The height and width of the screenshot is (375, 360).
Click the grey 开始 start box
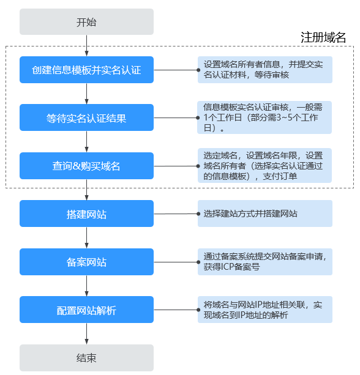pos(86,22)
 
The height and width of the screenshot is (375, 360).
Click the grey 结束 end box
pos(86,358)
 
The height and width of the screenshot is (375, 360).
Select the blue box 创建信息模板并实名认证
pos(86,70)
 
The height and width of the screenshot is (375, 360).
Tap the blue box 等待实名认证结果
pos(86,117)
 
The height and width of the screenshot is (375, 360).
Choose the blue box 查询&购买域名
pos(86,166)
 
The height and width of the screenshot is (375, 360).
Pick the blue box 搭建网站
pos(86,213)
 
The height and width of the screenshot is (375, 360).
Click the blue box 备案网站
pos(86,262)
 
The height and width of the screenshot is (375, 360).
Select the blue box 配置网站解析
pos(86,310)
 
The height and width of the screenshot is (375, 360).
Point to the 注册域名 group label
pos(323,37)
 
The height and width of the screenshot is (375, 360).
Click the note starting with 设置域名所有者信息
pos(264,70)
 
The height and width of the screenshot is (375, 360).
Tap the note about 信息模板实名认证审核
pos(264,117)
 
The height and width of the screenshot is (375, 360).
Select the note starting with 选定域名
pos(264,166)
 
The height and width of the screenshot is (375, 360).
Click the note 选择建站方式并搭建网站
pos(264,214)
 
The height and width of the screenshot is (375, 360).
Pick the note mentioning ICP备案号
pos(264,262)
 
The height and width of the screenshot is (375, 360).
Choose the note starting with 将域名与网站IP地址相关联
pos(264,310)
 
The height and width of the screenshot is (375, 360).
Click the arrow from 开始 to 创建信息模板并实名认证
pos(86,46)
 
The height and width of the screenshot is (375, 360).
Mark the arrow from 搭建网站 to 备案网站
pos(86,238)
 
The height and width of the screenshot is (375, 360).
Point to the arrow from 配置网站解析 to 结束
pos(86,334)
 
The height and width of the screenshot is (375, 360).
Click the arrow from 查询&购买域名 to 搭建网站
pos(86,190)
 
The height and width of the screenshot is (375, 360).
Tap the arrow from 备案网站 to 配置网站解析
pos(86,286)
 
